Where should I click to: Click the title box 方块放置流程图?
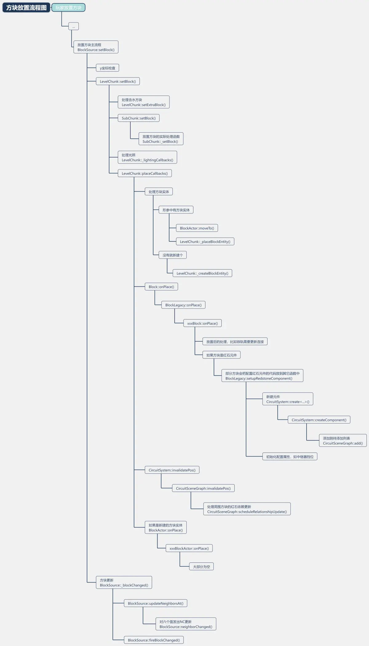coord(26,8)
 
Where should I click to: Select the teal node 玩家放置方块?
coord(68,8)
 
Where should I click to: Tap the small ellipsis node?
coord(73,26)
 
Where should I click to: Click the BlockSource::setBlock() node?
coord(96,47)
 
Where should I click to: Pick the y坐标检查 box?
coord(107,68)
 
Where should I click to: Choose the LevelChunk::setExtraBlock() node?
coord(144,102)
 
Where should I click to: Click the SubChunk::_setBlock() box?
coord(161,139)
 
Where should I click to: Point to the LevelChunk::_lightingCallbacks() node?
coord(147,157)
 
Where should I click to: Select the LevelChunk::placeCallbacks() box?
coord(145,173)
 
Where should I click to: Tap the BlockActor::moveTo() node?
coord(197,228)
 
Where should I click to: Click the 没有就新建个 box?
coord(173,255)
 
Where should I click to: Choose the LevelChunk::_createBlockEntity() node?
coord(202,273)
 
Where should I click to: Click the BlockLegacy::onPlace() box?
coord(183,305)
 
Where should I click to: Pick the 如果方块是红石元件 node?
coord(221,355)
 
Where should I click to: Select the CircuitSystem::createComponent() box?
coord(319,420)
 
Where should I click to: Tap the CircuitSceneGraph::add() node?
coord(343,441)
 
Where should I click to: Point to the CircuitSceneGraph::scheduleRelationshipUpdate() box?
coord(247,509)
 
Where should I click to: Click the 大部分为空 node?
coord(201,567)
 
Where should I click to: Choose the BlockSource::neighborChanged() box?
coord(186,624)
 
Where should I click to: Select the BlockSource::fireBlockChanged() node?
coord(154,640)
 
